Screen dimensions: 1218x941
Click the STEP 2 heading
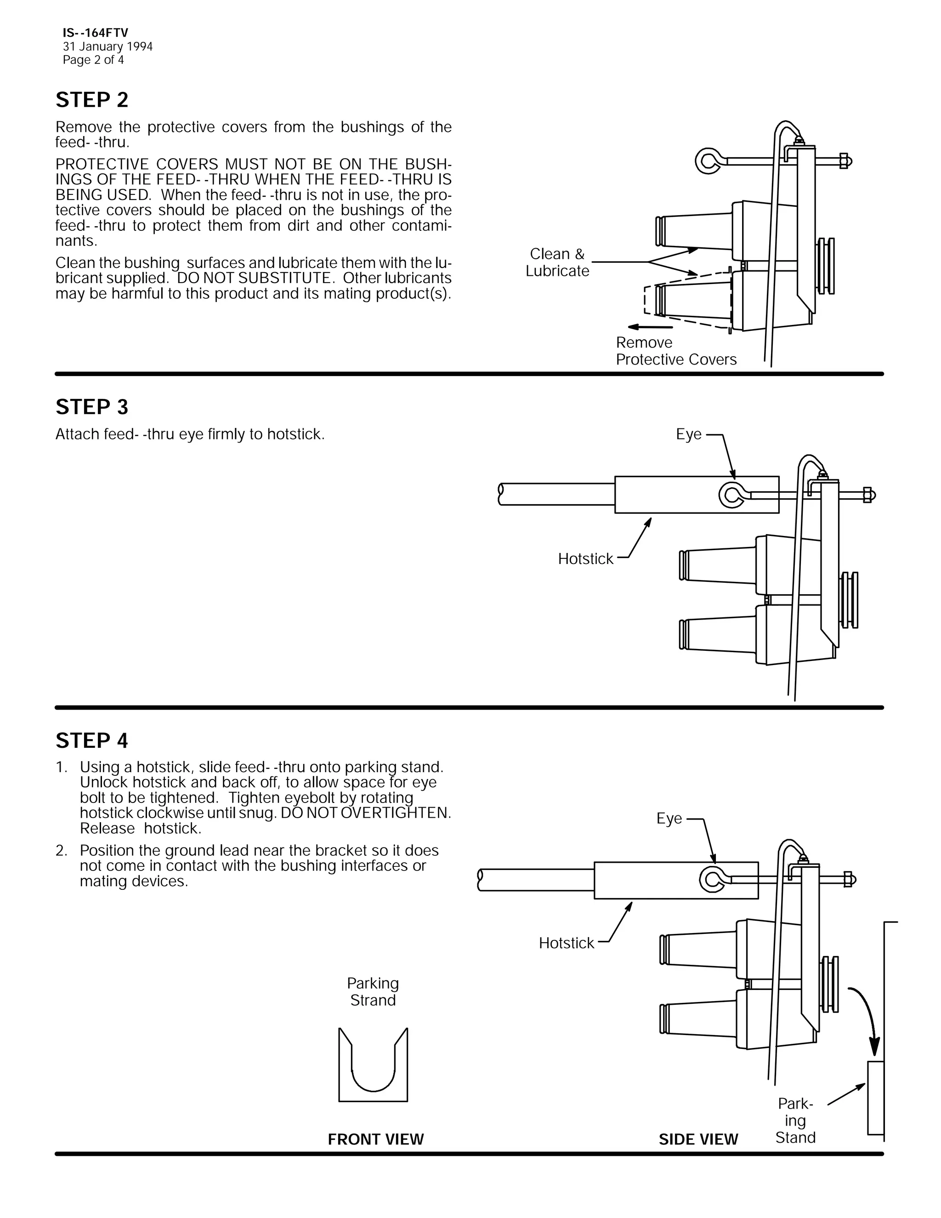click(92, 100)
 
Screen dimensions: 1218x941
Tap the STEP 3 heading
click(92, 407)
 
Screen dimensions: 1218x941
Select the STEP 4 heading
click(92, 741)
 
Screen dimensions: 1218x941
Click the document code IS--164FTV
click(95, 34)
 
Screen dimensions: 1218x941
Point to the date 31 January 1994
click(108, 47)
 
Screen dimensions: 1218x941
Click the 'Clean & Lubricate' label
click(557, 262)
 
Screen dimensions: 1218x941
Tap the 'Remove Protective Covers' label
click(675, 351)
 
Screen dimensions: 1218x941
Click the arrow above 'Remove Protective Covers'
click(649, 327)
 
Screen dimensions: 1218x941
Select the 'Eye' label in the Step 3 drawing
click(688, 434)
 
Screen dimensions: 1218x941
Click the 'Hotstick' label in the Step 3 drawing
click(585, 559)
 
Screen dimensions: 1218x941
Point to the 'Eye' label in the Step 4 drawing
click(669, 819)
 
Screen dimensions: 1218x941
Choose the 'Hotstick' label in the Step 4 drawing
click(567, 943)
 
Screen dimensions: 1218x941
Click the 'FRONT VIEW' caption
click(376, 1139)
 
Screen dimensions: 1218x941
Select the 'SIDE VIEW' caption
click(698, 1139)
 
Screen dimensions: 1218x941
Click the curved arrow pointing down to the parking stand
click(868, 1015)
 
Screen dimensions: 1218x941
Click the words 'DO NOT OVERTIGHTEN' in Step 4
click(366, 813)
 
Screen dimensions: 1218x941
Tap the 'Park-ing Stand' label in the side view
click(795, 1121)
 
